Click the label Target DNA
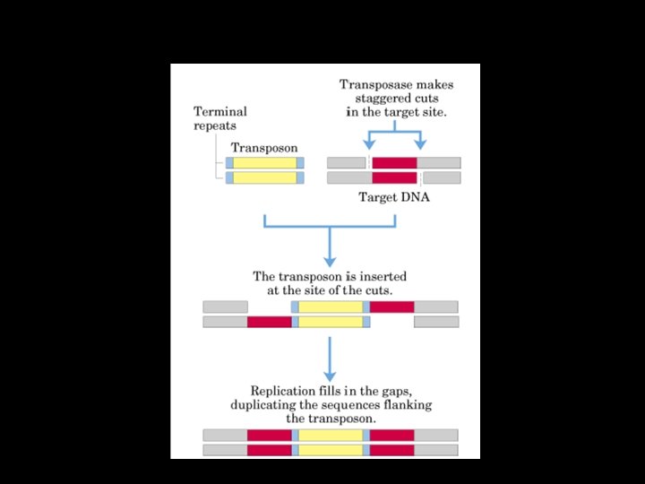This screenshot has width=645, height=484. (394, 197)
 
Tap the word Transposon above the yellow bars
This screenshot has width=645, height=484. (264, 148)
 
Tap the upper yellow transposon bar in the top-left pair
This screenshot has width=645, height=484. (264, 163)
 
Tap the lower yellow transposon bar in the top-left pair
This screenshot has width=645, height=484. (264, 177)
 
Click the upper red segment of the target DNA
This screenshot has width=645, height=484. (394, 163)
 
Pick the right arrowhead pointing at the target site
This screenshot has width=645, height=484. (420, 144)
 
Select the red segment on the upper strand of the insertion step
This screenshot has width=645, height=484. (391, 307)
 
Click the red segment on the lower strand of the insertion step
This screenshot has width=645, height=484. (269, 322)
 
